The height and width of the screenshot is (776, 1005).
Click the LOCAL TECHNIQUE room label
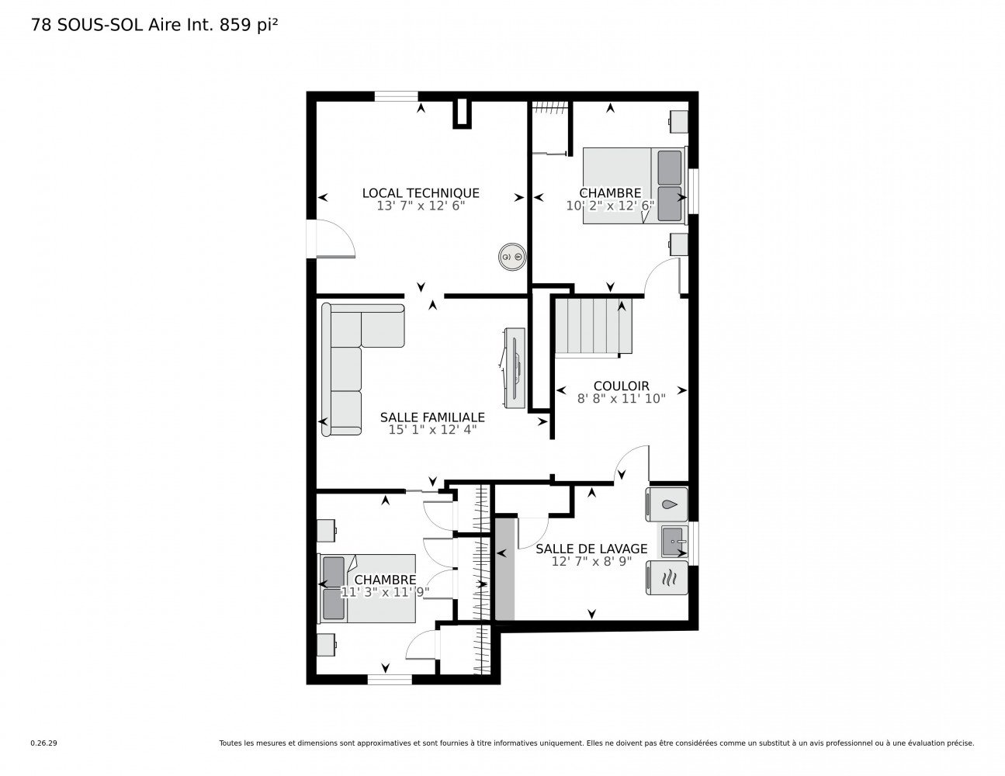point(421,193)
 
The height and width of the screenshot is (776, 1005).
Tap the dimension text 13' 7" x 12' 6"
point(421,206)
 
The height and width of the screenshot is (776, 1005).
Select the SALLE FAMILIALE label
point(432,417)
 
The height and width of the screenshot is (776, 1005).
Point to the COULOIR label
point(621,386)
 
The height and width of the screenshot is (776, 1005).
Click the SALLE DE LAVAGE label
point(591,549)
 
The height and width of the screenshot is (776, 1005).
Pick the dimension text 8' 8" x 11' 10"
point(621,398)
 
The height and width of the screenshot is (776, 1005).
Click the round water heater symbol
point(512,256)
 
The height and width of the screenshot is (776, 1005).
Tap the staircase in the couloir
point(594,327)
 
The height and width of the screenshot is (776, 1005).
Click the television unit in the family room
point(515,368)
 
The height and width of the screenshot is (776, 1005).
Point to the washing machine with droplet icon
point(667,504)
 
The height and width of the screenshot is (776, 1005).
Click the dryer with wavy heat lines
point(667,577)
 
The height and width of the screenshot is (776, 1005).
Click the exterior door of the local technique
point(331,237)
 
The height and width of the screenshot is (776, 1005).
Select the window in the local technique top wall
point(396,96)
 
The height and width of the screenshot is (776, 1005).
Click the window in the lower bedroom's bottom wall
point(389,679)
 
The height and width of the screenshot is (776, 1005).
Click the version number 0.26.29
point(44,743)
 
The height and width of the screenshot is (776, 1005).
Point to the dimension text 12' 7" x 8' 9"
point(591,561)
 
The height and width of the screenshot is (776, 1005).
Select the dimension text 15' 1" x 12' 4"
point(432,430)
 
